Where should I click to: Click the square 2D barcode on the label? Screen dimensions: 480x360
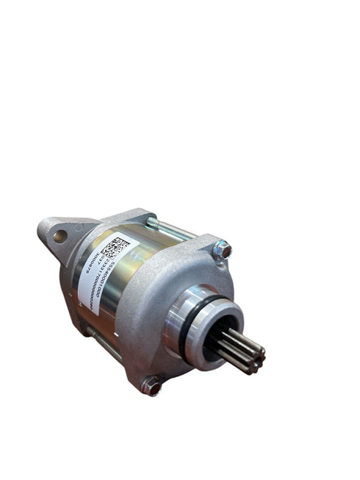click(116, 248)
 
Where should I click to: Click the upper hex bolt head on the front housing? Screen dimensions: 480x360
click(221, 250)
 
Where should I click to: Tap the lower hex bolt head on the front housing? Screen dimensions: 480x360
click(151, 384)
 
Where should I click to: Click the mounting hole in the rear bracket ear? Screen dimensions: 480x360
click(60, 236)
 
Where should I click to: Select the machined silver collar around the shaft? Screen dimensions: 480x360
click(184, 323)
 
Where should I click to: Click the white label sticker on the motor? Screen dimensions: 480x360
click(103, 272)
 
